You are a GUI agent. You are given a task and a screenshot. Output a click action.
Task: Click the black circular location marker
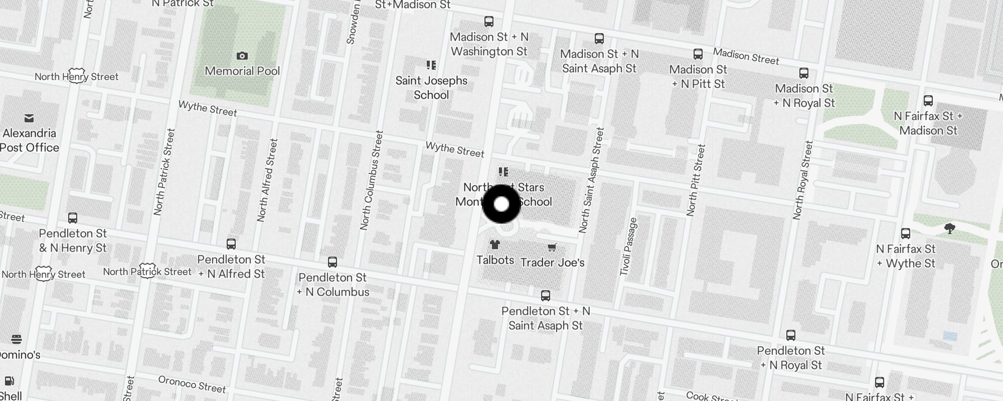tap(501, 204)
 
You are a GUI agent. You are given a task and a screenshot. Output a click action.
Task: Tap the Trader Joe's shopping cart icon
tap(552, 247)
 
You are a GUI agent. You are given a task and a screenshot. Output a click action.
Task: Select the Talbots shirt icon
tap(495, 245)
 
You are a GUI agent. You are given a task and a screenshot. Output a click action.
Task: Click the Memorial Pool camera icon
tap(242, 56)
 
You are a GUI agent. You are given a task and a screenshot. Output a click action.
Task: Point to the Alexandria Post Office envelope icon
tap(29, 118)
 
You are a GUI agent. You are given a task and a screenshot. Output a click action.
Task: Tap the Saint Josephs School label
tap(431, 88)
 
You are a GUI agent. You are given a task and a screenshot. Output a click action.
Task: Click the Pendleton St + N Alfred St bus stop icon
tap(231, 244)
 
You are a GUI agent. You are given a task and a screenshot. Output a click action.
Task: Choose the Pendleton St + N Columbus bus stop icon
tap(332, 262)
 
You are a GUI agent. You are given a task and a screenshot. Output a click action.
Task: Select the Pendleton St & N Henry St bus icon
tap(73, 218)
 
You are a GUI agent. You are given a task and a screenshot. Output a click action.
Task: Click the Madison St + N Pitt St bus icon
tap(698, 54)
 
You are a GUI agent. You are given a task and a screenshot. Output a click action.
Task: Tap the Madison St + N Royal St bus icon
tap(804, 73)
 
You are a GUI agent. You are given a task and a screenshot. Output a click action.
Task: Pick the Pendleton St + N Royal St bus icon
tap(791, 335)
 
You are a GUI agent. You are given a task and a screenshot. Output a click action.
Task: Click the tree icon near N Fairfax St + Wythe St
tap(949, 229)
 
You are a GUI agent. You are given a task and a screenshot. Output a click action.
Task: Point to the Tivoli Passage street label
tap(628, 247)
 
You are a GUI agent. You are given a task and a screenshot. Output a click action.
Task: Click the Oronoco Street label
tap(192, 384)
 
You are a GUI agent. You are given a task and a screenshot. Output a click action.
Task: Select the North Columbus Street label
tap(372, 180)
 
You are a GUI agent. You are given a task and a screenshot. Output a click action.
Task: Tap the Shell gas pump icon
tap(9, 381)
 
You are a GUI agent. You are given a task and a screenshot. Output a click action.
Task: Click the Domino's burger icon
tap(16, 339)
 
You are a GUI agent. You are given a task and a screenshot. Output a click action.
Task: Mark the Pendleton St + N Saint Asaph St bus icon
tap(546, 296)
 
